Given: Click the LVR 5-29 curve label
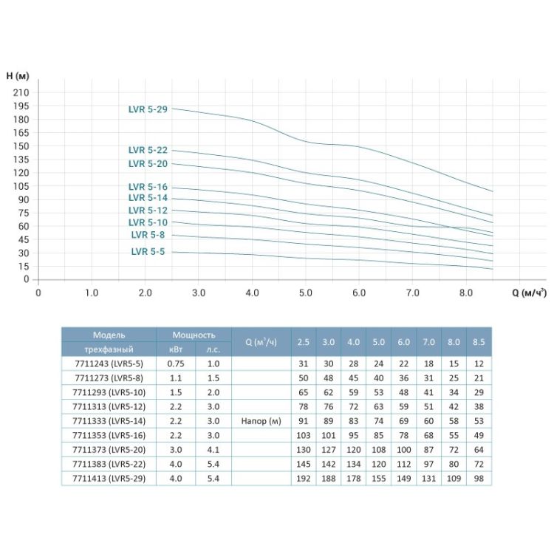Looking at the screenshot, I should pos(148,109).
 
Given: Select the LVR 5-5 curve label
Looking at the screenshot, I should pos(148,251).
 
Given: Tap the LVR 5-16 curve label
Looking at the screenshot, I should pos(148,187).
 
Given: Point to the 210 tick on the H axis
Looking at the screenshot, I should pos(21,92).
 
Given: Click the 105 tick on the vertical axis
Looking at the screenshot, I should pos(21,186).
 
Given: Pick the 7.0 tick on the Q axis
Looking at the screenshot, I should pos(412,293).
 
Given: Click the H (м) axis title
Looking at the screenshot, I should pos(17,76).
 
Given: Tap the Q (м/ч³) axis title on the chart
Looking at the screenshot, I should pos(529,292).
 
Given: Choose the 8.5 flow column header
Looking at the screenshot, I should pos(479,342).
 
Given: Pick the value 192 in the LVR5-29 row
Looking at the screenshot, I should pos(304,478).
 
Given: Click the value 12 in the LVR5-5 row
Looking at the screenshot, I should pos(479,363).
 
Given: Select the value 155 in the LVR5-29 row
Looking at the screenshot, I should pos(378,478).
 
